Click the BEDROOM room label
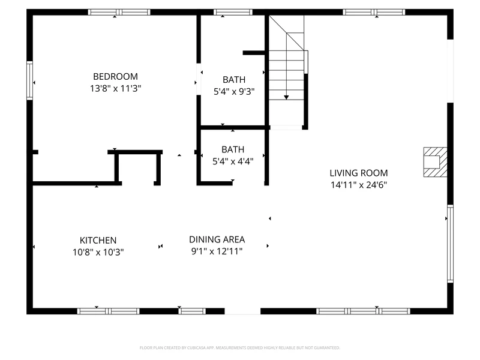point(115,77)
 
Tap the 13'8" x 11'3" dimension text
point(115,88)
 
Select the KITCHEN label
point(98,241)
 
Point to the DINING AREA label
point(217,239)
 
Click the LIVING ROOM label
point(359,173)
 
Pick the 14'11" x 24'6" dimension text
point(359,185)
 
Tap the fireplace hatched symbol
point(435,162)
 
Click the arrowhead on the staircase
point(286,97)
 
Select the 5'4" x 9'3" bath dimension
point(234,92)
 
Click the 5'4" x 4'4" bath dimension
point(233,161)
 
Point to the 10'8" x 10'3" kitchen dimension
point(98,252)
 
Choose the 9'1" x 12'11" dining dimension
point(217,251)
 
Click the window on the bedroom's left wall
point(29,80)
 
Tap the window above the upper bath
point(233,12)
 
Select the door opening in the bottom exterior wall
point(242,311)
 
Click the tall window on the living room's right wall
point(451,244)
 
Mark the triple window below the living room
point(363,311)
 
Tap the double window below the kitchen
point(108,311)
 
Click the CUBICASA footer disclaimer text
point(239,348)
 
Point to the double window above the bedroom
point(119,12)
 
